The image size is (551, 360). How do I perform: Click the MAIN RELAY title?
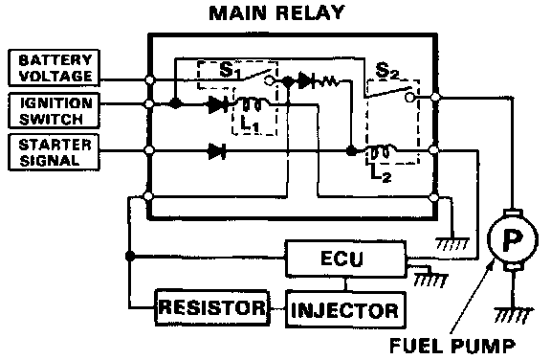pos(276,12)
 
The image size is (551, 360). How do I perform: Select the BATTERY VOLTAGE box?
pos(55,68)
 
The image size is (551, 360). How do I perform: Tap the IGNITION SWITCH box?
pos(55,110)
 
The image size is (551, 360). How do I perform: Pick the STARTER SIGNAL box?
pos(55,152)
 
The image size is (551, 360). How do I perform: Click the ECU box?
pos(345,259)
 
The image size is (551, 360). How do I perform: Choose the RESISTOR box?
pos(212,307)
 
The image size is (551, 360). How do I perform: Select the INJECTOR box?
pos(345,309)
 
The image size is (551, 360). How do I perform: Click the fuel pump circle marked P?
pos(513,239)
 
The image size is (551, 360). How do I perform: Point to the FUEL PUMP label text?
pos(452,346)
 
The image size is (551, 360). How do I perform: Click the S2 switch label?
pos(387,71)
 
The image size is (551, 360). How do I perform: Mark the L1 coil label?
pos(250,124)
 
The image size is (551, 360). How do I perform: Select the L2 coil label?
pos(381,173)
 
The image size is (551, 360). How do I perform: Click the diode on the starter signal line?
pos(217,151)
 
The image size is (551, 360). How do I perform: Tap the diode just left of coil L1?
pos(218,104)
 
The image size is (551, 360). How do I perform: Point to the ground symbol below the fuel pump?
pos(514,315)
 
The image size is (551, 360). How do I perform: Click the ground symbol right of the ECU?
pos(430,280)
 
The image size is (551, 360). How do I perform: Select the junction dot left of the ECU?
pos(130,256)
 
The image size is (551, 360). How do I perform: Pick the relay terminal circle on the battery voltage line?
pos(149,79)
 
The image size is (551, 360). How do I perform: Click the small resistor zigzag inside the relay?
pos(329,81)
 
